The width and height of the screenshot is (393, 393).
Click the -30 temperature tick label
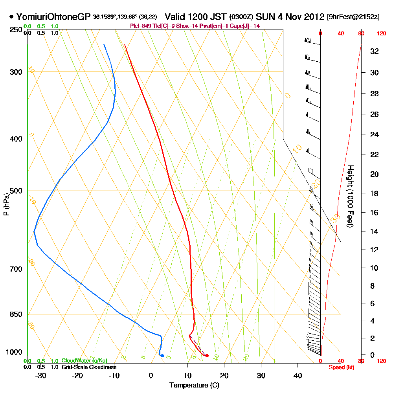click(x=40, y=375)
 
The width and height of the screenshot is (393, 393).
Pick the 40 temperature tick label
click(x=298, y=375)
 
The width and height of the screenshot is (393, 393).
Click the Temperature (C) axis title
click(x=194, y=385)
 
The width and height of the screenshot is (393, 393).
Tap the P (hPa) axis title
click(x=6, y=204)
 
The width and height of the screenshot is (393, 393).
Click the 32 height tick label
click(x=375, y=51)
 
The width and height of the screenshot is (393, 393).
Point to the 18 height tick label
click(x=375, y=193)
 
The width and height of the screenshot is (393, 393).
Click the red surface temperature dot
click(x=207, y=356)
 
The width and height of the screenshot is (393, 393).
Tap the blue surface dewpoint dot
click(x=162, y=356)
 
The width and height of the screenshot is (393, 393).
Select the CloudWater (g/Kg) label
click(x=84, y=361)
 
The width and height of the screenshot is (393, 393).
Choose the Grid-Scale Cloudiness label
click(x=88, y=367)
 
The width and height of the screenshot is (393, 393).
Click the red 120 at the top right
click(x=381, y=34)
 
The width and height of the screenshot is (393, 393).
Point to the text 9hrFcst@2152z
click(x=353, y=17)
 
